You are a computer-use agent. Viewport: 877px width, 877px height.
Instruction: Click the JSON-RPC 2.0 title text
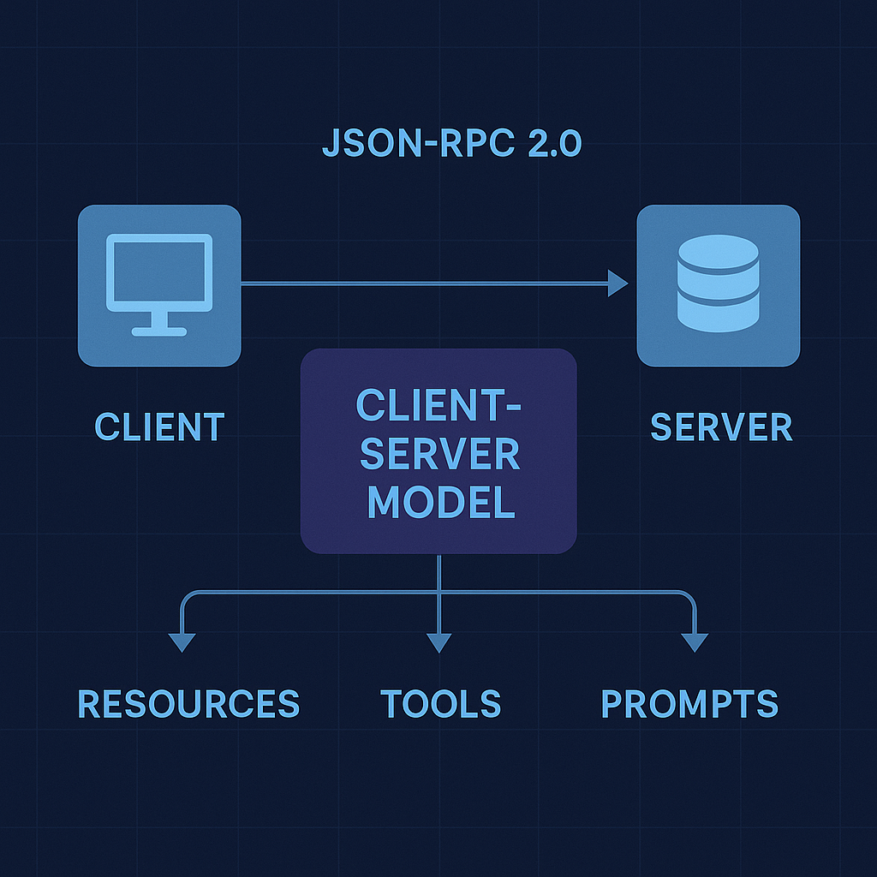[451, 144]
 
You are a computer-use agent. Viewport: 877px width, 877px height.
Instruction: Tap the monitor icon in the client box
[159, 283]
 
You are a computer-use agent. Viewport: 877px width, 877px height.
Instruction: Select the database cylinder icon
[718, 283]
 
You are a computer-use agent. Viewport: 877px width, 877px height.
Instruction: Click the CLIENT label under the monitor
[159, 427]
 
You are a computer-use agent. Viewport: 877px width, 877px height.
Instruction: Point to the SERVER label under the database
[721, 427]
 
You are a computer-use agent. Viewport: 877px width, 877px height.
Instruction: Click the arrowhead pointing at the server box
[618, 283]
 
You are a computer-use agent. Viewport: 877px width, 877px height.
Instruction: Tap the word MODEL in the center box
[441, 502]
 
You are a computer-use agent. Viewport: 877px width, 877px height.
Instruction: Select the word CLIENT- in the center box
[438, 405]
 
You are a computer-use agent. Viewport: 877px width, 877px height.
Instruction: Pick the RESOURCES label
[188, 703]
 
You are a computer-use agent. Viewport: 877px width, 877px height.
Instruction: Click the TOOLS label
[440, 703]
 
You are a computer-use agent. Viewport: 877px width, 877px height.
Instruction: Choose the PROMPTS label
[689, 703]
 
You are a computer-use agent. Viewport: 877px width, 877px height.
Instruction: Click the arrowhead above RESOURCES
[182, 642]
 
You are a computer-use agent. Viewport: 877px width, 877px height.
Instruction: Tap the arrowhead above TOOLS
[438, 642]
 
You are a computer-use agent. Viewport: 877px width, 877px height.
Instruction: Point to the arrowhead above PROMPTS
[695, 642]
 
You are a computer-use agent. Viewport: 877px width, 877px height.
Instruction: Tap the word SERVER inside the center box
[439, 454]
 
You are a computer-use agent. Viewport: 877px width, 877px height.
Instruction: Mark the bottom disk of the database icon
[718, 315]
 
